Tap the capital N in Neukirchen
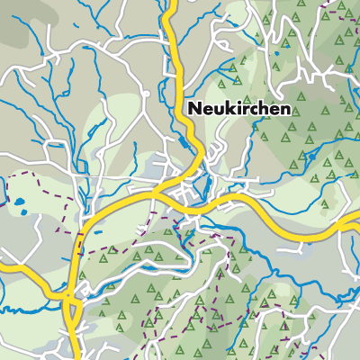(194, 108)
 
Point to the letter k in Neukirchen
(229, 108)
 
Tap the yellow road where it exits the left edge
(3, 266)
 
